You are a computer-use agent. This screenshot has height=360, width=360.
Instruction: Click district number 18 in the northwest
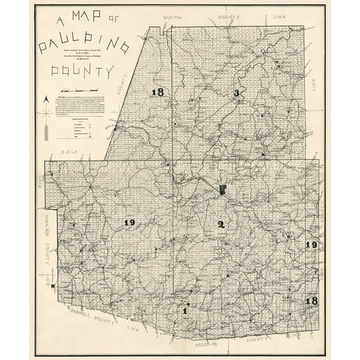[157, 93]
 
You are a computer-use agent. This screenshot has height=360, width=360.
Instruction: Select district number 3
[236, 94]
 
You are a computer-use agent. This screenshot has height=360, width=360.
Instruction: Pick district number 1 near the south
[185, 310]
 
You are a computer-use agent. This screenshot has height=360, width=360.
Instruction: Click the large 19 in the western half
[130, 223]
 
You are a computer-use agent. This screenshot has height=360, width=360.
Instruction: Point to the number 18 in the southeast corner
[311, 301]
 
